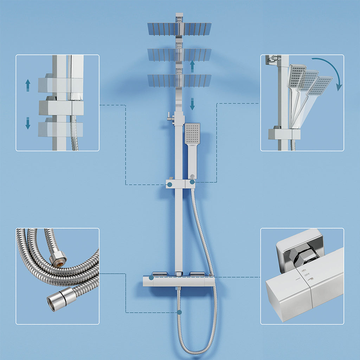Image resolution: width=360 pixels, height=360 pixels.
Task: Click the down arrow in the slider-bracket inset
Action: [x=28, y=123]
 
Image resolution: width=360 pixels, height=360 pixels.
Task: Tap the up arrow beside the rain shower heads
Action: [x=192, y=66]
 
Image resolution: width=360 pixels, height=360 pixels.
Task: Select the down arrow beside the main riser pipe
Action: [x=192, y=104]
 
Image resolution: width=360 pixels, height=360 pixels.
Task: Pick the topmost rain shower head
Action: [x=179, y=29]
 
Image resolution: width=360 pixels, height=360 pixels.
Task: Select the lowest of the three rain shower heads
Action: [x=179, y=81]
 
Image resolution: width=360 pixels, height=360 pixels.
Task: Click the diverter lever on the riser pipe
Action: [x=170, y=116]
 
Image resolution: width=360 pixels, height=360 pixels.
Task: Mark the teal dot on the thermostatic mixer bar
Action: [x=151, y=277]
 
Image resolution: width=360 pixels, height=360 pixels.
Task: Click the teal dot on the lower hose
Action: [x=179, y=312]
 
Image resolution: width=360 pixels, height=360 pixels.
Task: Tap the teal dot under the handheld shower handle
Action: [x=192, y=182]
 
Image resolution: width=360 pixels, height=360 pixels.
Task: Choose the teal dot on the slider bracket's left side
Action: [x=169, y=184]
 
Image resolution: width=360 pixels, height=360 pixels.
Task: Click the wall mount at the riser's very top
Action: [x=179, y=17]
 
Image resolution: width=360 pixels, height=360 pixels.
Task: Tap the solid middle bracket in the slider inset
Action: [x=60, y=108]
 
